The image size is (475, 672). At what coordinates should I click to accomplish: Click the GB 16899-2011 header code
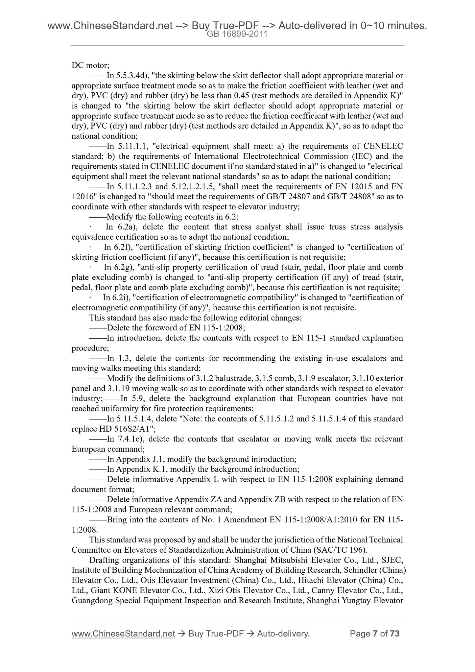[237, 34]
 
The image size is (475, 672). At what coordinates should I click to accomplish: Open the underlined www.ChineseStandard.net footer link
[123, 634]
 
